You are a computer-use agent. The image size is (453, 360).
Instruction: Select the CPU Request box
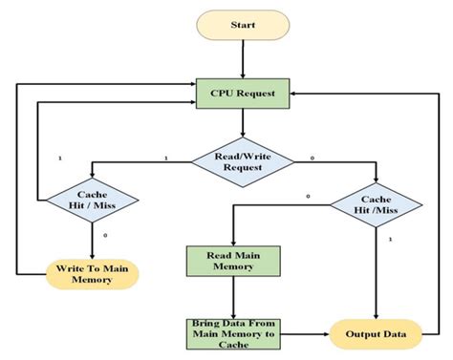point(244,94)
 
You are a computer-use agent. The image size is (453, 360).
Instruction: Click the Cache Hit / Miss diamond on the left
point(92,201)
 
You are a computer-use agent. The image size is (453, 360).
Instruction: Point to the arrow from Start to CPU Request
point(244,58)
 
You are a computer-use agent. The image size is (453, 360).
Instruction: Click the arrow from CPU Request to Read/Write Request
point(244,122)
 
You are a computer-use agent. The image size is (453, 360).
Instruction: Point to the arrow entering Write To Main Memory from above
point(92,243)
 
